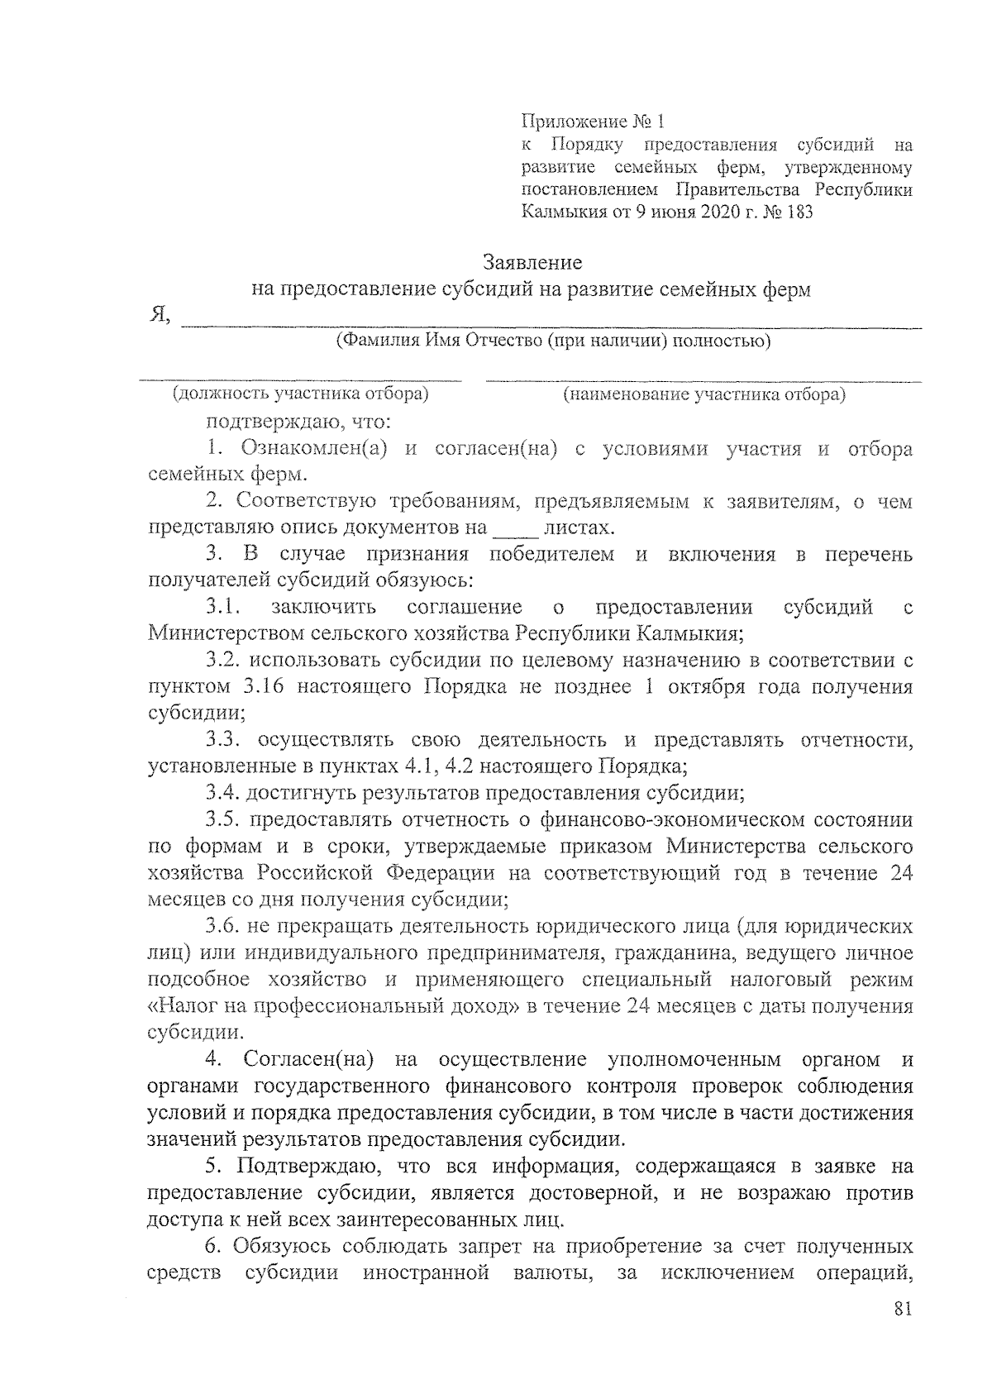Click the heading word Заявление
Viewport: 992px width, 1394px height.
pyautogui.click(x=532, y=263)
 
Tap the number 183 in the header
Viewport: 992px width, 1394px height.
pyautogui.click(x=797, y=212)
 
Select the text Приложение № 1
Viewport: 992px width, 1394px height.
pyautogui.click(x=593, y=122)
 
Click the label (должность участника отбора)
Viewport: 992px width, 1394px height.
pyautogui.click(x=300, y=394)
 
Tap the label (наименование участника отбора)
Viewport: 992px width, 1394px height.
pyautogui.click(x=703, y=394)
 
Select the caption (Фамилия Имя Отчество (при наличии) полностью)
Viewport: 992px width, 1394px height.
pyautogui.click(x=553, y=341)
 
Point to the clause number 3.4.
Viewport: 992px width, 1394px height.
pyautogui.click(x=223, y=794)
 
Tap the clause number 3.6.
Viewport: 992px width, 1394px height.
pyautogui.click(x=223, y=926)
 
